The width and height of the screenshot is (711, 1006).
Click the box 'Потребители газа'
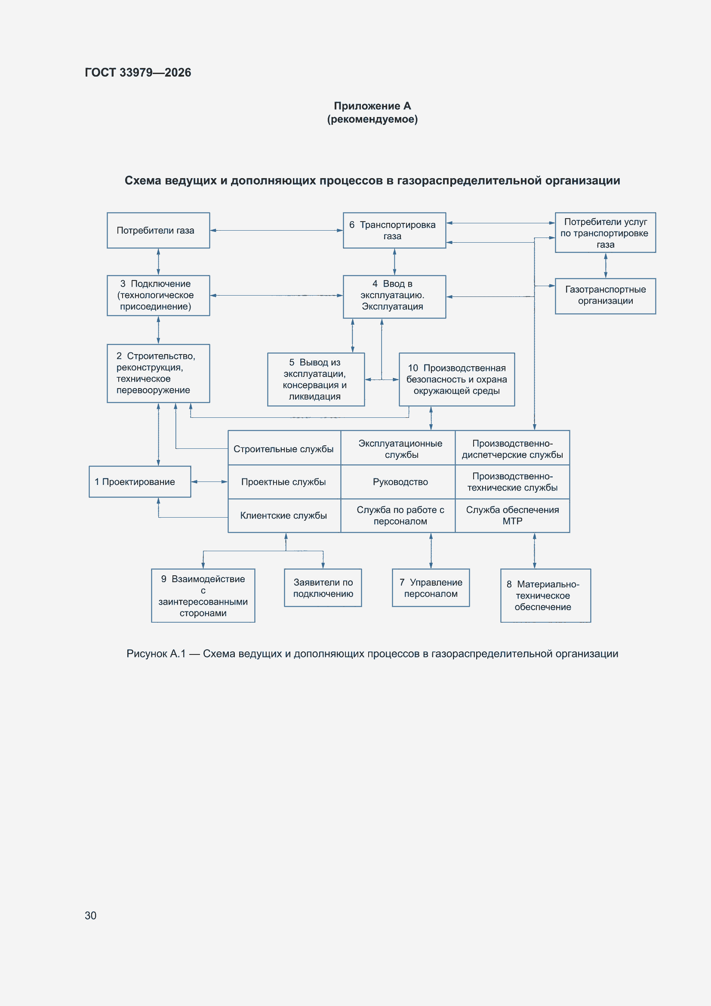point(158,231)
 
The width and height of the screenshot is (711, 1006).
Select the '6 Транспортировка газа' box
point(394,231)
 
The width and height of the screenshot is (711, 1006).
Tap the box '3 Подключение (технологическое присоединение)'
point(158,295)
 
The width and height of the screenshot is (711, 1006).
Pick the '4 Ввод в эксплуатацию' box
point(394,296)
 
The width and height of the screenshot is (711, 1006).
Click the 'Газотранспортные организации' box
point(606,296)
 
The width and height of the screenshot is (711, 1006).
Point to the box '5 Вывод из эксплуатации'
point(316,380)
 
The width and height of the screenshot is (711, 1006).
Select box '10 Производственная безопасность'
point(456,380)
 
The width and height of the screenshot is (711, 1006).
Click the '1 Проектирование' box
point(140,481)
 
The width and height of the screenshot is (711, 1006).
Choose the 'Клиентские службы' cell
point(284,516)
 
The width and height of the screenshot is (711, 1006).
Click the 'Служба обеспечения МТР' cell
point(513,516)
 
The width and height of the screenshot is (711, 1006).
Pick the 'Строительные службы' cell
point(284,448)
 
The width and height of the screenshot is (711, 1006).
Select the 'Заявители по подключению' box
point(323,588)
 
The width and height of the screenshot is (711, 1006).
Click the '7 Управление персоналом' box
point(431,588)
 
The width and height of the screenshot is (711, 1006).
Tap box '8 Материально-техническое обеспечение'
point(545,596)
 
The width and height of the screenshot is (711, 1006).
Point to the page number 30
point(91,915)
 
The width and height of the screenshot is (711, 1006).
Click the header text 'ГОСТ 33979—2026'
point(138,72)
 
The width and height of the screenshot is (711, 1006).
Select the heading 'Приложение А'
point(372,105)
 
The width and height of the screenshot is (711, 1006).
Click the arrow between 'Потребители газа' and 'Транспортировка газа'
point(277,231)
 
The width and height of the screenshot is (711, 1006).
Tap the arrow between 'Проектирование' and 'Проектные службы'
point(209,482)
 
